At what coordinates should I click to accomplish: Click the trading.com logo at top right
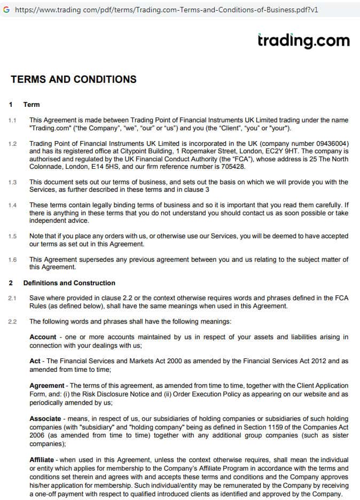point(303,41)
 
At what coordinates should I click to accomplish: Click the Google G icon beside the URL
point(6,10)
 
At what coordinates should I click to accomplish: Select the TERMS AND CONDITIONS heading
point(73,80)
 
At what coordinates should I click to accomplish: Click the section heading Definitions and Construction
point(69,283)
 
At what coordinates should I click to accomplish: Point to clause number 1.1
point(13,121)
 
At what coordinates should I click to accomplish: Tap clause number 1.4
point(13,205)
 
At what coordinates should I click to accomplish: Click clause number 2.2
point(13,322)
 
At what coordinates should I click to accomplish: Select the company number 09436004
point(330,144)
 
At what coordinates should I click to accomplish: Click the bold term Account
point(43,337)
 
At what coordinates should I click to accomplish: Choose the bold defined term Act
point(35,361)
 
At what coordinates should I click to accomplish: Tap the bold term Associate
point(45,419)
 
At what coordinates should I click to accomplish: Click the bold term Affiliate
point(42,460)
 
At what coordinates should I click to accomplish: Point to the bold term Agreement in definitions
point(46,386)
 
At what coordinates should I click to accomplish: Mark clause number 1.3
point(13,182)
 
